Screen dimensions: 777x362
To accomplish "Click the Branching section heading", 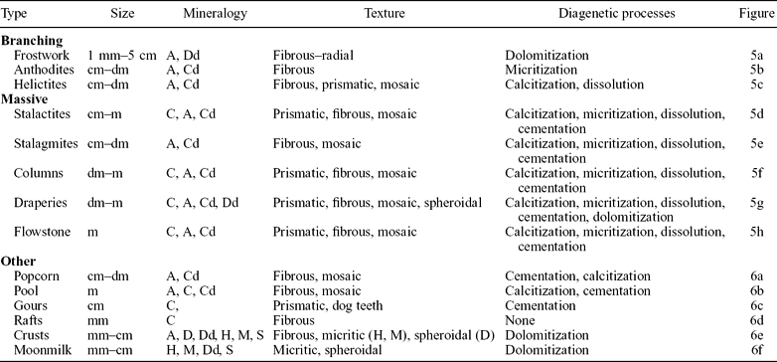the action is pyautogui.click(x=35, y=41).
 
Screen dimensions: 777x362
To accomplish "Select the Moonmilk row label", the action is pyautogui.click(x=44, y=353).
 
